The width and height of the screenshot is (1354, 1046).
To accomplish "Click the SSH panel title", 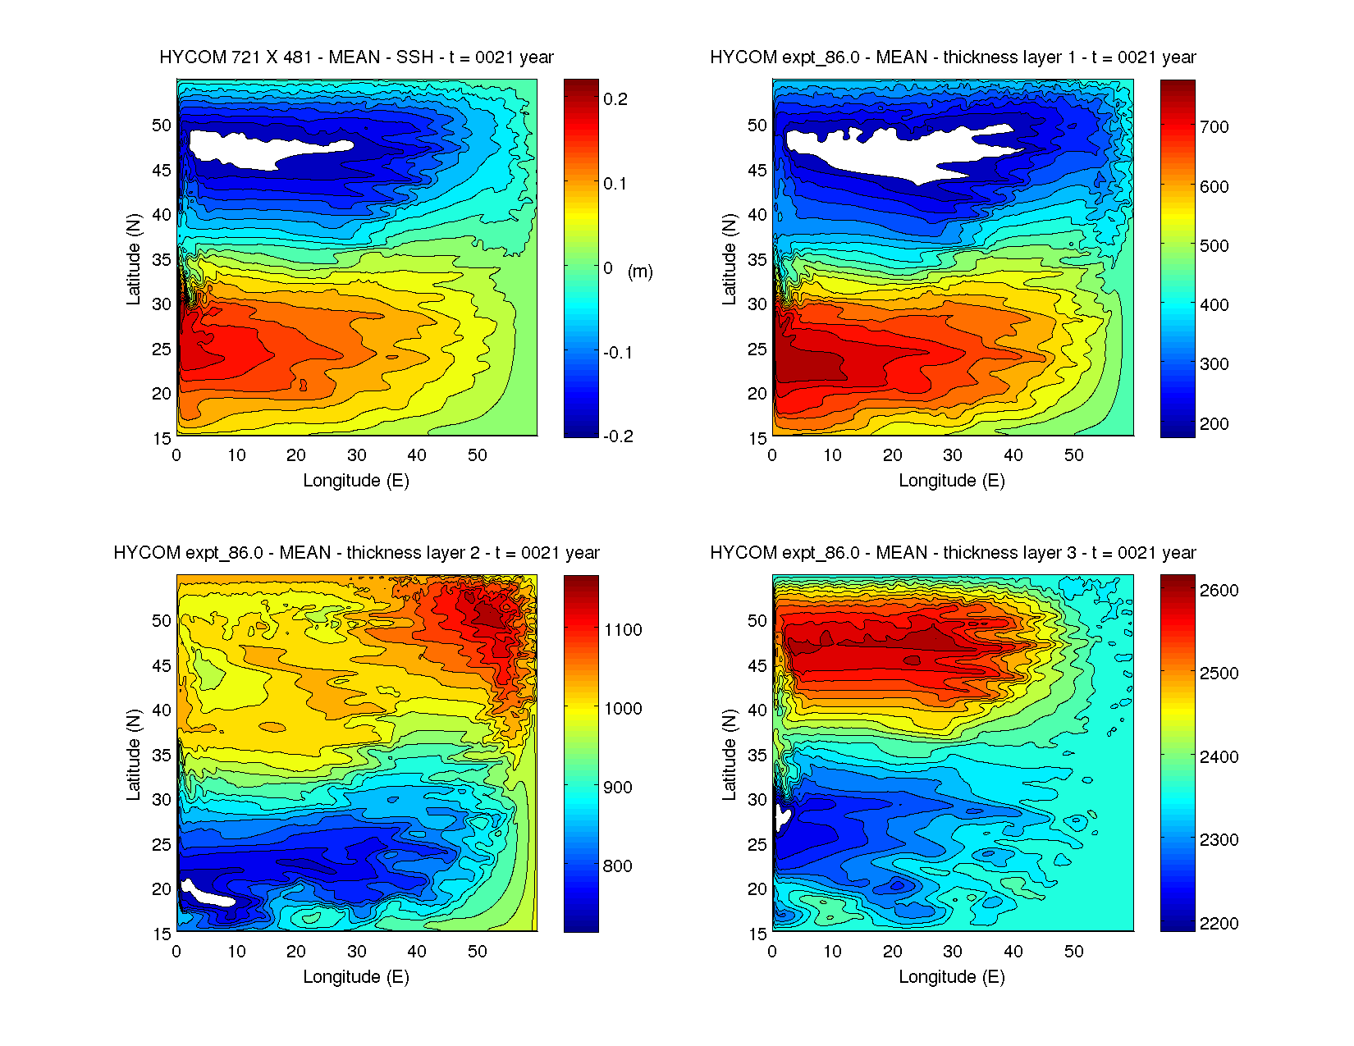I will [356, 57].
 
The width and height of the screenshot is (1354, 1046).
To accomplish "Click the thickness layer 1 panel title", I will [953, 57].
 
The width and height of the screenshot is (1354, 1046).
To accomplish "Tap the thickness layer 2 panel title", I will [356, 553].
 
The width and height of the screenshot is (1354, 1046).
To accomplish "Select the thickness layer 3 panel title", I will [953, 553].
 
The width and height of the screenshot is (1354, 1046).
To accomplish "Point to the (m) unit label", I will [640, 272].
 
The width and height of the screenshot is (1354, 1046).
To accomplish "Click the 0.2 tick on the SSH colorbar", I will [615, 99].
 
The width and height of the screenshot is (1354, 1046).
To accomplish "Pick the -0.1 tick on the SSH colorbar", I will [617, 353].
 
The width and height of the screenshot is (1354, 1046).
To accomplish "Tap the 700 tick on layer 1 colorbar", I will [1214, 127].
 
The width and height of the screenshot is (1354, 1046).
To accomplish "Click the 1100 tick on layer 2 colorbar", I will [623, 630].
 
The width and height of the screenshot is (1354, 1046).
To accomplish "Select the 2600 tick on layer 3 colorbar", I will [1219, 591].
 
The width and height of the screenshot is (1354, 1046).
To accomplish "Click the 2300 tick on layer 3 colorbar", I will [1219, 840].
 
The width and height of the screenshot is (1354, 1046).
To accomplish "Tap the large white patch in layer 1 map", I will [886, 153].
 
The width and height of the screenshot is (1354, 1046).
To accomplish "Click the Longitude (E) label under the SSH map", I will [356, 481].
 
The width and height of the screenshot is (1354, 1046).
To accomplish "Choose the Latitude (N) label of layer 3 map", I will [729, 755].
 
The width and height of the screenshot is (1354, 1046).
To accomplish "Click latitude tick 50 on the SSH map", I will [162, 126].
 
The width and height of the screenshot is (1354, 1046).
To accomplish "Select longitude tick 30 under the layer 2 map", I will [356, 952].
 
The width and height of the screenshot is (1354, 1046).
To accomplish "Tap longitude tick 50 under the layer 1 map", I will [1073, 455].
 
